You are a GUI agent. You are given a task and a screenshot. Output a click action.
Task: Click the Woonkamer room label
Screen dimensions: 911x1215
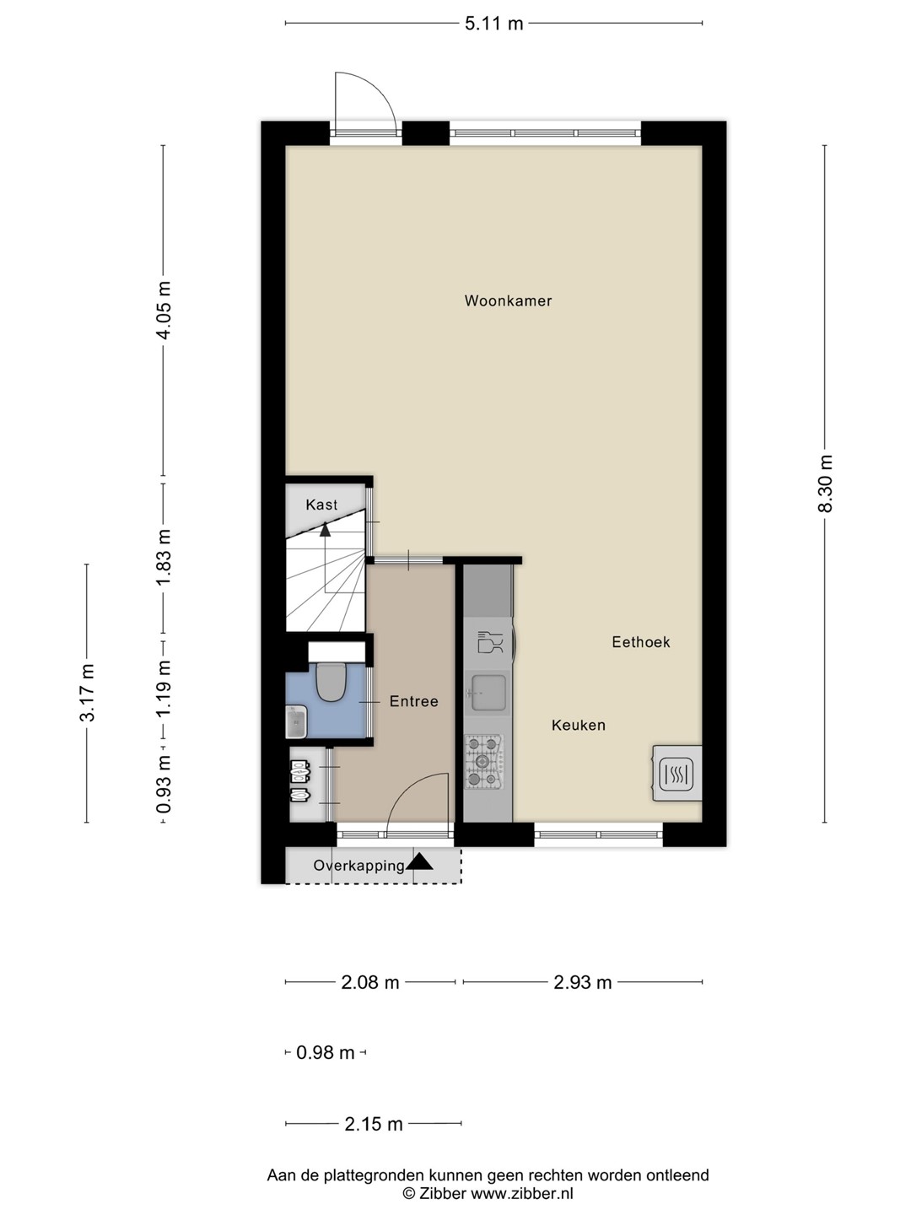click(x=508, y=300)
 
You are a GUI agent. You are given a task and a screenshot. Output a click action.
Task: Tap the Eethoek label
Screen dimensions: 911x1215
click(x=640, y=642)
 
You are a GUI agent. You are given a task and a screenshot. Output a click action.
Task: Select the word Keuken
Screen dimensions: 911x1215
click(x=578, y=725)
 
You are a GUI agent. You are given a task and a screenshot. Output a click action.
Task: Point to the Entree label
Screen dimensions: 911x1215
click(x=413, y=701)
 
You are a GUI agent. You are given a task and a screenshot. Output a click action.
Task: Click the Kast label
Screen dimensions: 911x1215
click(x=321, y=505)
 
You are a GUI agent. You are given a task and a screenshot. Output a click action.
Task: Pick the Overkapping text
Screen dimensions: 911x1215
click(x=359, y=865)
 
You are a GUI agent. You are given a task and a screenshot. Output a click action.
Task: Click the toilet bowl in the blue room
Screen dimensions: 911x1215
click(x=331, y=682)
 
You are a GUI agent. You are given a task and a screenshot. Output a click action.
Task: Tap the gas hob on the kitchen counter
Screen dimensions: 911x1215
click(x=484, y=762)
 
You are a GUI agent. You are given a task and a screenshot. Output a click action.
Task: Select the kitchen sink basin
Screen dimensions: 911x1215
click(x=487, y=693)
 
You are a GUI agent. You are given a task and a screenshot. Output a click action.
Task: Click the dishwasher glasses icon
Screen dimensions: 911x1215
click(x=490, y=642)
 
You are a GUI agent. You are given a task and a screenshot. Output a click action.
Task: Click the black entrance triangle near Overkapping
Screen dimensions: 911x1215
click(x=420, y=861)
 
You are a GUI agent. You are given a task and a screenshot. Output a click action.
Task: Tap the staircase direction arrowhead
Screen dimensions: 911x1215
click(x=325, y=530)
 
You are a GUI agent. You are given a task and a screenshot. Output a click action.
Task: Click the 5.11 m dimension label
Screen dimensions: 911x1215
click(x=493, y=24)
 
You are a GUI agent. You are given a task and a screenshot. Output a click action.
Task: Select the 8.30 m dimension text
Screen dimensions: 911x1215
click(x=825, y=483)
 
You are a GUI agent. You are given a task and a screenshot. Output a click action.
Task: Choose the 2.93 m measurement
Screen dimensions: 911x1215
click(x=582, y=982)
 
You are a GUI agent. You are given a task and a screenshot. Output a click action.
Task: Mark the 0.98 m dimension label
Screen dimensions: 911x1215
click(x=326, y=1052)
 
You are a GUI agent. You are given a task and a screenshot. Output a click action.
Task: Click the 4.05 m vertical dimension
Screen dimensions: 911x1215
click(x=163, y=310)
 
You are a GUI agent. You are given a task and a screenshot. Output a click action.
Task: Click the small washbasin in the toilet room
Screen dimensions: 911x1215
click(x=296, y=721)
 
